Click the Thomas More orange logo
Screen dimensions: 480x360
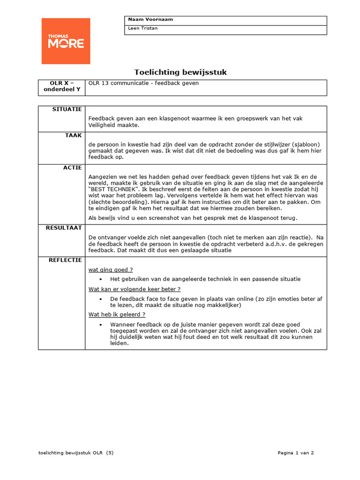pyautogui.click(x=66, y=41)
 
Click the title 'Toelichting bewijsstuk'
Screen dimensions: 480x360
pyautogui.click(x=180, y=72)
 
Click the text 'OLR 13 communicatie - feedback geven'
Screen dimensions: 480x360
pyautogui.click(x=143, y=83)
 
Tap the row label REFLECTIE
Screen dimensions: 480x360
pyautogui.click(x=66, y=260)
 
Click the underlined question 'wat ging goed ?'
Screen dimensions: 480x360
pyautogui.click(x=111, y=270)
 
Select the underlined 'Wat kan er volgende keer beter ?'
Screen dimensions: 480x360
pyautogui.click(x=135, y=289)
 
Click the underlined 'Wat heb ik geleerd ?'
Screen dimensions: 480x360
pyautogui.click(x=117, y=315)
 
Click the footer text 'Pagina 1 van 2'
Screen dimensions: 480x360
pyautogui.click(x=295, y=453)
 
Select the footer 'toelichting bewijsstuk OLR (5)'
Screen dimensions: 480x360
pyautogui.click(x=76, y=453)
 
